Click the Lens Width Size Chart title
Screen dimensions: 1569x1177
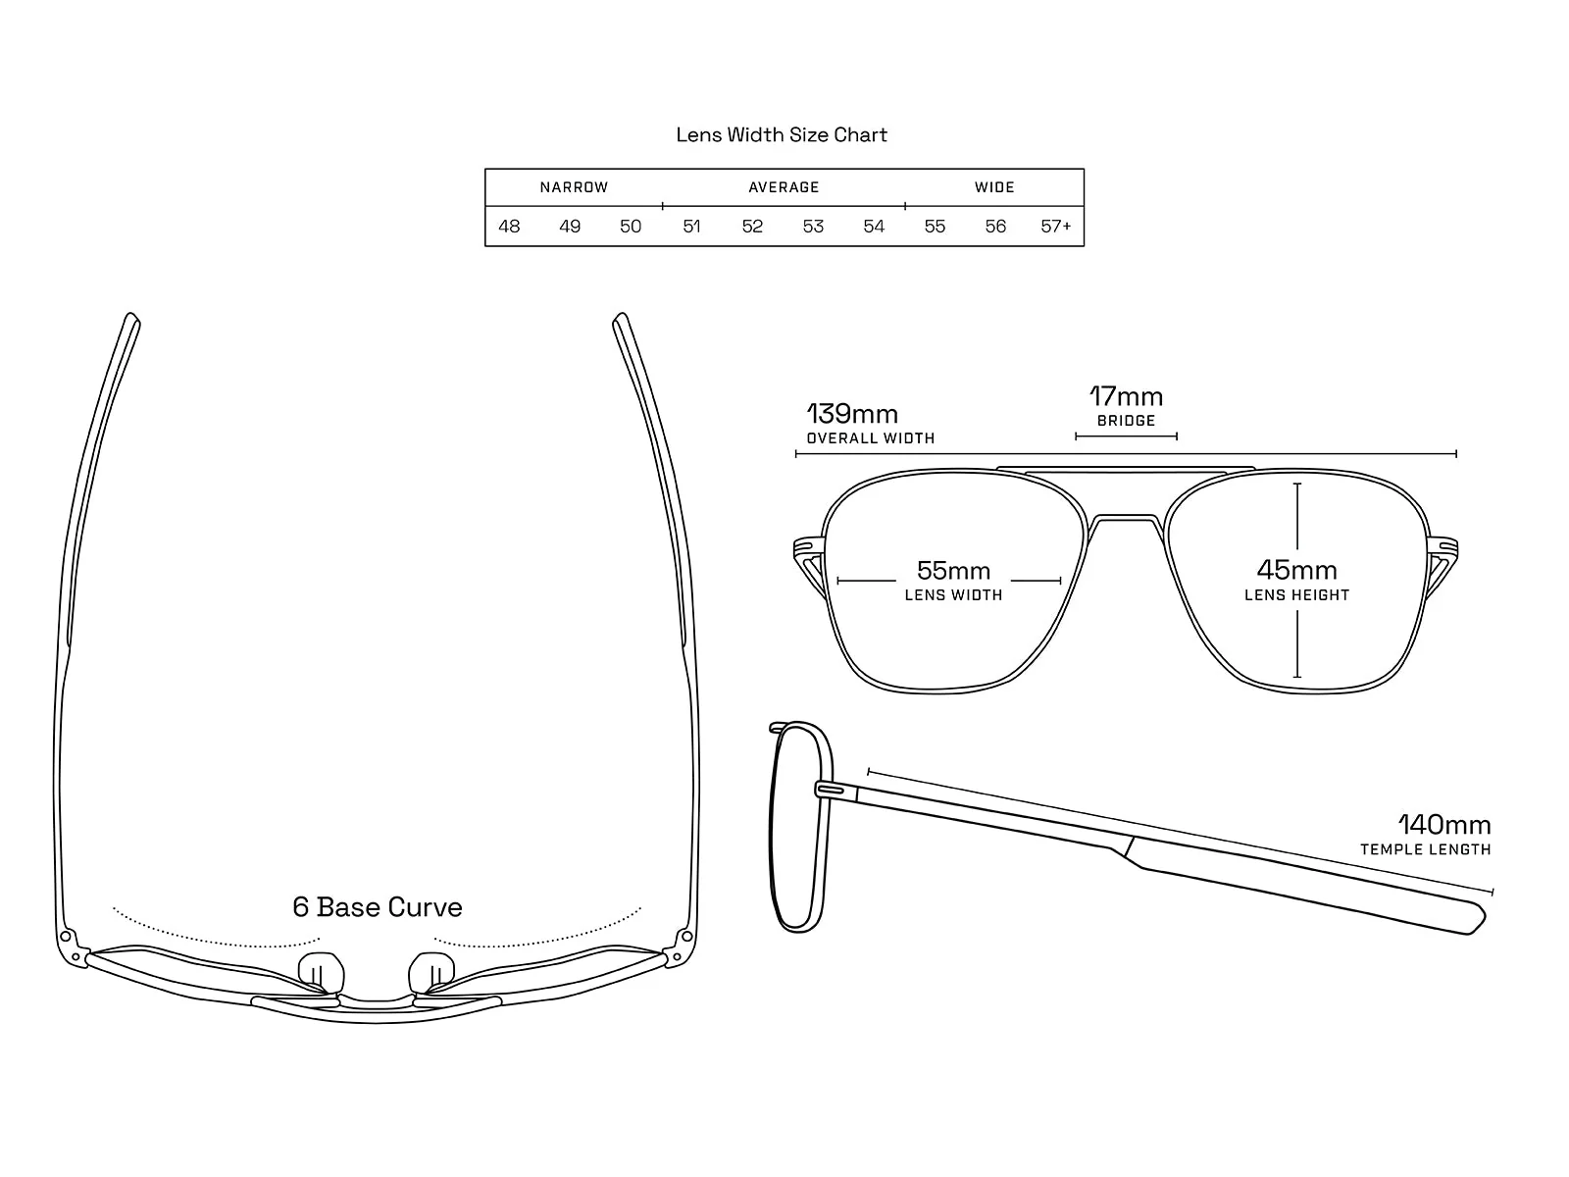782,134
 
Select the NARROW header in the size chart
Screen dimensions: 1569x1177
574,187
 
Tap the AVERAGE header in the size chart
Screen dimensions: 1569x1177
784,187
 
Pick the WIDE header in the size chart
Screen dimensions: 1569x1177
994,187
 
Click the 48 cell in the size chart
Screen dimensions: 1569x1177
509,227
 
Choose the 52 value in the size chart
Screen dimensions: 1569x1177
752,227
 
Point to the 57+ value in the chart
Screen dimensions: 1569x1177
1056,227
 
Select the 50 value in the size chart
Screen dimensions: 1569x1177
631,227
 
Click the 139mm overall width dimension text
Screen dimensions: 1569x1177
852,414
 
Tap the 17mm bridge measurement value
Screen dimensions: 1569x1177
1126,396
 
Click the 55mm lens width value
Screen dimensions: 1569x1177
953,570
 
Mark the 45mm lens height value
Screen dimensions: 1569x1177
1296,570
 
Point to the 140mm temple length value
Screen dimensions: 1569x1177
1444,825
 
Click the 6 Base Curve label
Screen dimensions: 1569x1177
378,907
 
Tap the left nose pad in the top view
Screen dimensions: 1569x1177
321,973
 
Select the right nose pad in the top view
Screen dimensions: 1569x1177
431,973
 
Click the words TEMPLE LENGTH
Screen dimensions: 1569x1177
1425,849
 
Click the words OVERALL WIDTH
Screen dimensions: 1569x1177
871,438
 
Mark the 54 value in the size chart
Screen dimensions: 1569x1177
874,227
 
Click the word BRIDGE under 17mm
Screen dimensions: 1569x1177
1126,420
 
